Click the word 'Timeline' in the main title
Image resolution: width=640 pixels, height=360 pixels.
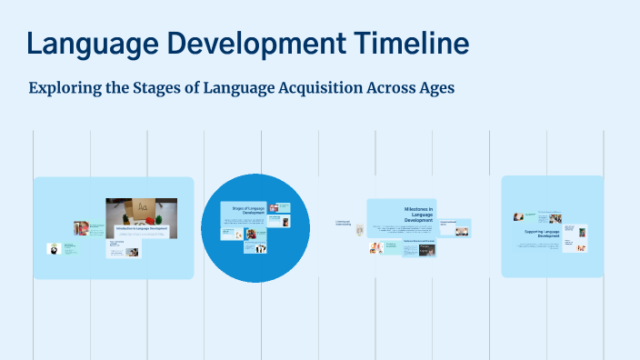click(399, 43)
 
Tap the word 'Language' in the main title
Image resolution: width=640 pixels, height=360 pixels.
click(90, 43)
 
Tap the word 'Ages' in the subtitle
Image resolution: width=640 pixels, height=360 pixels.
click(434, 89)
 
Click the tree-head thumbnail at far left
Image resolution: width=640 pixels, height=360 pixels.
click(55, 247)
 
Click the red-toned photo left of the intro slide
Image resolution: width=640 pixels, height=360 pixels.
click(81, 228)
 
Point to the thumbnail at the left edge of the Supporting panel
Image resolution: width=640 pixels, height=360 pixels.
click(518, 216)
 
